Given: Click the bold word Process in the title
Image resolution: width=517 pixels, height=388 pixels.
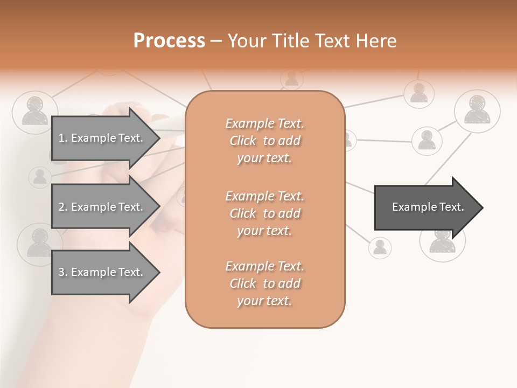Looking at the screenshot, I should coord(169,41).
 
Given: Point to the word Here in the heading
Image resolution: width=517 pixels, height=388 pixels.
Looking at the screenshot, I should coord(375,41).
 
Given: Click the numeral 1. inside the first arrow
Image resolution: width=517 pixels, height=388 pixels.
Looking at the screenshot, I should coord(62,138).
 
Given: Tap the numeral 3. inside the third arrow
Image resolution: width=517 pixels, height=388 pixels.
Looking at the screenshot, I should coord(62,272).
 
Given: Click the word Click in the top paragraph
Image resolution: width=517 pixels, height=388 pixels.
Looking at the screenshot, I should coord(243,141).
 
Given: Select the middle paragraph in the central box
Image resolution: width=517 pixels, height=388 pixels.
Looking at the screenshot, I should coord(264,213).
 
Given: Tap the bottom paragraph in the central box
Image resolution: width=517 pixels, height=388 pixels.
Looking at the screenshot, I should coord(264,283).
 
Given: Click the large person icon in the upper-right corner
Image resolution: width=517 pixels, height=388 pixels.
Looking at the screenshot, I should coord(477,111).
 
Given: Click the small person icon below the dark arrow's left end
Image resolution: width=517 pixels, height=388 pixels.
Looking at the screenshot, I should coord(380,247).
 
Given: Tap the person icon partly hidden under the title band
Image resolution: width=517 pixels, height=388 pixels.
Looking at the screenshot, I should coord(291,79).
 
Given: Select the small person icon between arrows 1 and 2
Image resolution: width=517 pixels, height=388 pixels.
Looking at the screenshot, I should coord(39,177).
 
